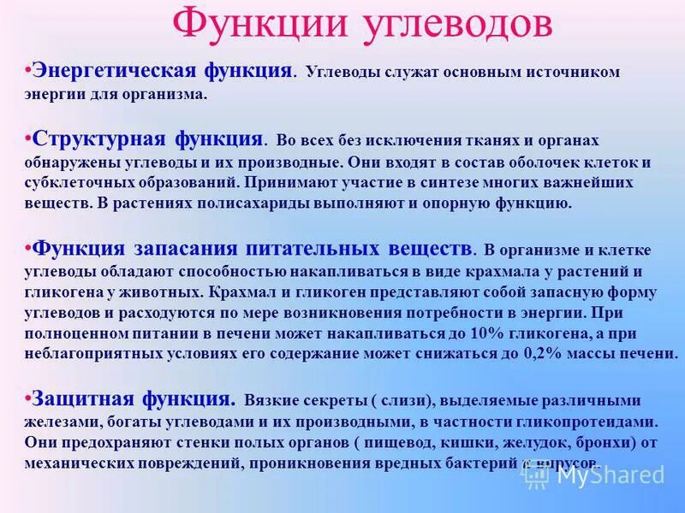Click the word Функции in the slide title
253,24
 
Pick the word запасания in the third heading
185,249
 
